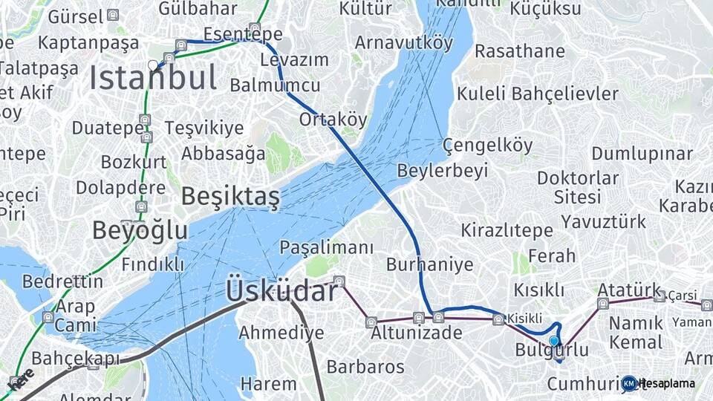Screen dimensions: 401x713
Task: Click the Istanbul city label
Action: pos(154,78)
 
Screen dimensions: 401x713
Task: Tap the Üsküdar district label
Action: pos(282,290)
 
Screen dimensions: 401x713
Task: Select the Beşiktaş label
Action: pos(230,196)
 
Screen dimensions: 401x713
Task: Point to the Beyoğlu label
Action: pos(140,230)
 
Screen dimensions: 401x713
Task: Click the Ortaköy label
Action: pos(333,120)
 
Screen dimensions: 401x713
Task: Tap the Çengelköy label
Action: pos(488,146)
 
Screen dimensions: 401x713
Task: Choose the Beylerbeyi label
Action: pos(443,171)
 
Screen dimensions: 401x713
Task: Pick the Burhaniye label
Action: pos(429,264)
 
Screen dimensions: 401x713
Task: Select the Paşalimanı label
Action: pos(326,247)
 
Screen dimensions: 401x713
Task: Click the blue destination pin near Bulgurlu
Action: pos(554,342)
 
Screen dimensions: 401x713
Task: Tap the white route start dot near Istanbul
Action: pos(153,65)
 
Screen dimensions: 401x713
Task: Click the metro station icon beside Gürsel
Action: pos(112,15)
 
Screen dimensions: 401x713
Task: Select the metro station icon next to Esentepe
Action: pos(255,29)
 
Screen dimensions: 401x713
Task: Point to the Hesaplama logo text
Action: pos(666,383)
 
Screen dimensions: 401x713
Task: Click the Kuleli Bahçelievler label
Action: pos(537,94)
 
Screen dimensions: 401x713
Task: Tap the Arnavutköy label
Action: pos(403,42)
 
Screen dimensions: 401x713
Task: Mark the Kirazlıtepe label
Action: pos(507,230)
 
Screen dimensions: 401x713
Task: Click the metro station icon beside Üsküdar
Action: pos(339,281)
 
